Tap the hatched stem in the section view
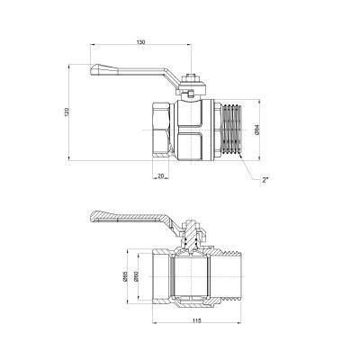coord(191,238)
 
